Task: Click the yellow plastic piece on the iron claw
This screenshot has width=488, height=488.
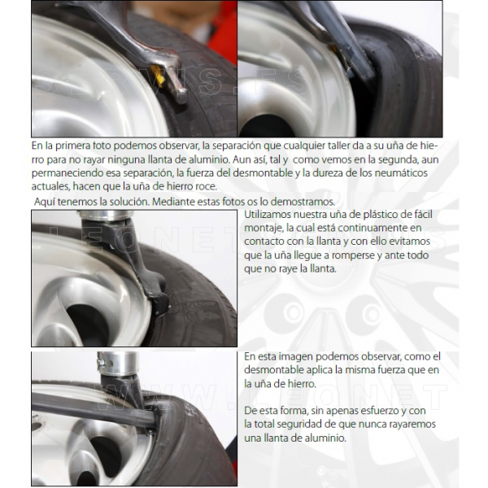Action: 158,76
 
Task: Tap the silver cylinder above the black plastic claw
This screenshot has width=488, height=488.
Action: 104,215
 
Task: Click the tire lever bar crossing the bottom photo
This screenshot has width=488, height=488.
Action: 94,411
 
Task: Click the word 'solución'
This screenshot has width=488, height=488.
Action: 129,202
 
